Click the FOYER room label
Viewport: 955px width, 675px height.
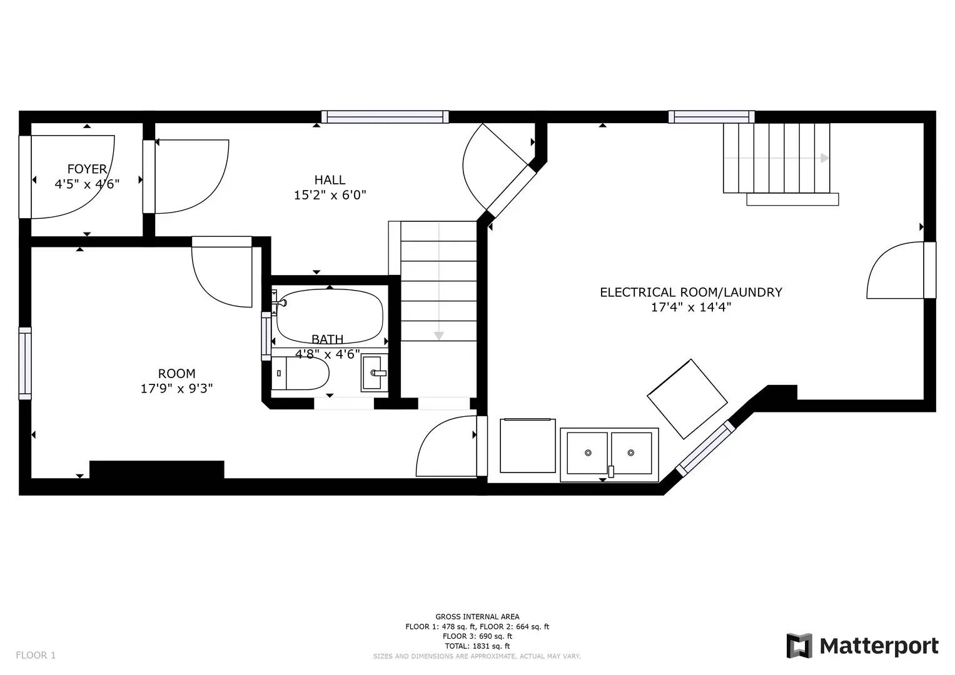click(x=87, y=169)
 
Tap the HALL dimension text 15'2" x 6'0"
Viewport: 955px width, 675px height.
click(x=330, y=195)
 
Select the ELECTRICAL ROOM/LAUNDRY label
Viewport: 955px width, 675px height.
click(x=690, y=292)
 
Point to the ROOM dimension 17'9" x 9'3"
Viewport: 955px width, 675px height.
click(x=176, y=388)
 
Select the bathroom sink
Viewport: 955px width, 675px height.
click(x=374, y=373)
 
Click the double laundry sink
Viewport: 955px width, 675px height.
click(x=609, y=454)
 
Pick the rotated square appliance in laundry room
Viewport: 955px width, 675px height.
click(x=687, y=399)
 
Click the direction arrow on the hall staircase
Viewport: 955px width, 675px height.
click(x=438, y=336)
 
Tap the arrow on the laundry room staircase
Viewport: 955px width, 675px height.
click(x=824, y=158)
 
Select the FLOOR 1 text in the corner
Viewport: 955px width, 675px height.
click(x=36, y=655)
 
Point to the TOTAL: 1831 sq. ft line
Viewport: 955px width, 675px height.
click(x=477, y=646)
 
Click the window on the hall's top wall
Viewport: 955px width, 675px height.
click(x=385, y=116)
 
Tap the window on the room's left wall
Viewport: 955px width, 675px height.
click(x=25, y=363)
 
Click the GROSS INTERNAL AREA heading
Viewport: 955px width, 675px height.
click(x=477, y=616)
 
